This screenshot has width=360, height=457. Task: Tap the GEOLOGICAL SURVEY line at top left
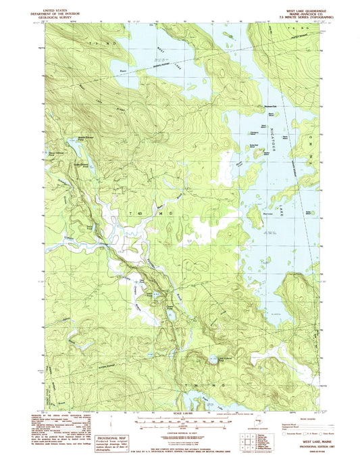59,18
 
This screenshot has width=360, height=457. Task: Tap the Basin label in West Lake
122,68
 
